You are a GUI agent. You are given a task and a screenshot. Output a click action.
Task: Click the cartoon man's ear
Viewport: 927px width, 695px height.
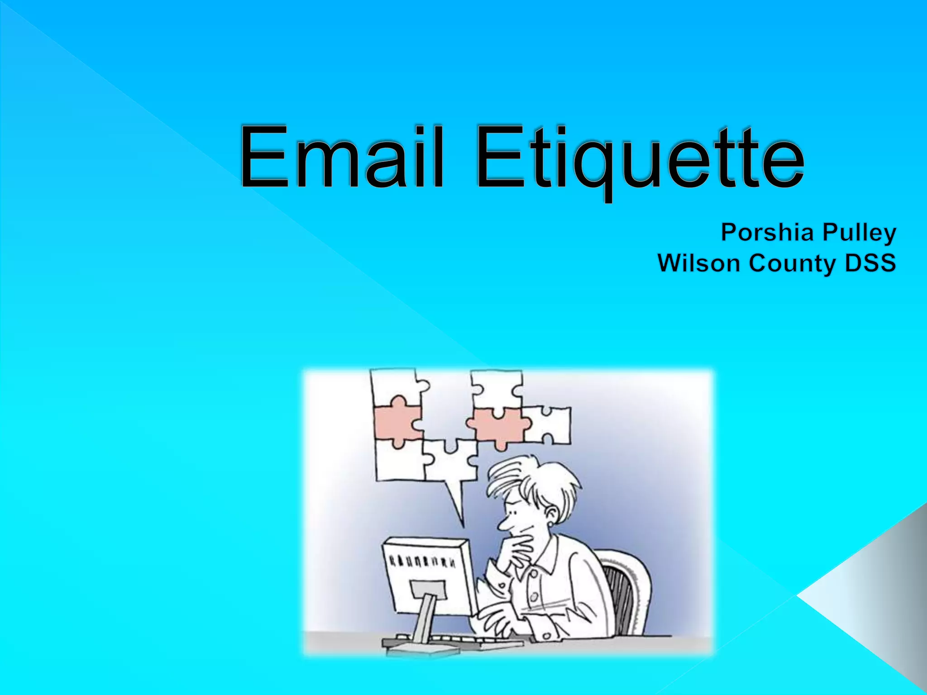552,514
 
